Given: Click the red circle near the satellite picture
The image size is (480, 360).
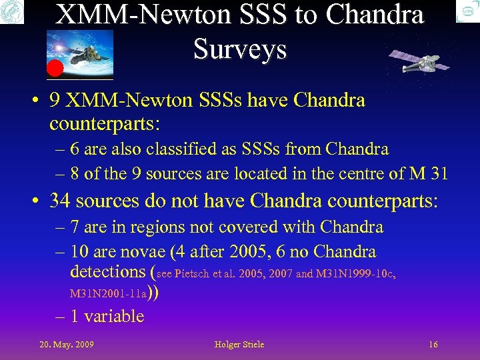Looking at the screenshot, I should [55, 67].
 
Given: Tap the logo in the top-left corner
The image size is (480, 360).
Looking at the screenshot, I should [11, 11].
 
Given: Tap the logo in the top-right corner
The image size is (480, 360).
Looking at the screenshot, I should [467, 11].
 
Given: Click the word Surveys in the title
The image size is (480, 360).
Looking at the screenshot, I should [239, 49].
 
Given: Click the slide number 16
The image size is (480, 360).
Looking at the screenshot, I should [433, 345].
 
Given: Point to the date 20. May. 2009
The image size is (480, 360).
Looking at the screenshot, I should [67, 345].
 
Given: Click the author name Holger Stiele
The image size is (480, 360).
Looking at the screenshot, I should [239, 345].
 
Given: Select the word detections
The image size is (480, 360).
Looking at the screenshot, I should [107, 271].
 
